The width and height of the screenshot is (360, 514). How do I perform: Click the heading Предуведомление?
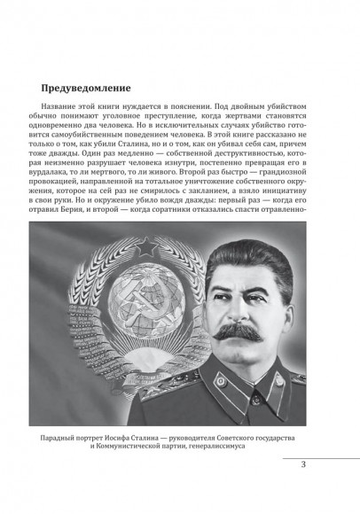click(87, 90)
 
